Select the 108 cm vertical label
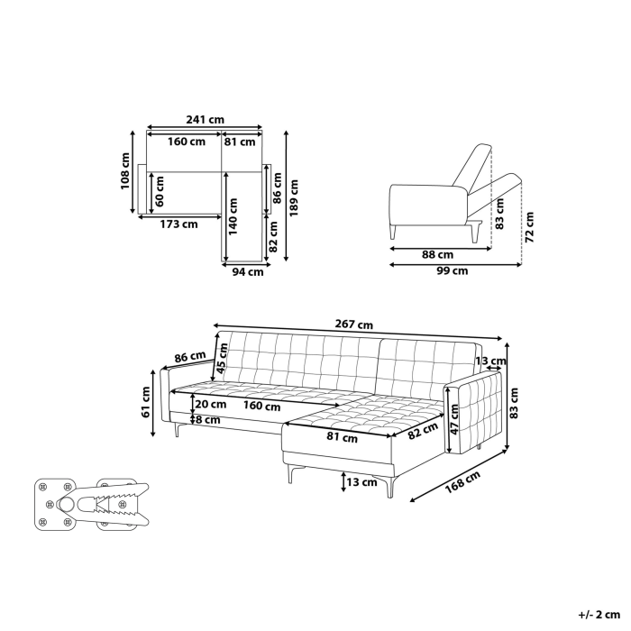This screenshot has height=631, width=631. [x=126, y=170]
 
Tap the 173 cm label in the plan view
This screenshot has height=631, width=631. [x=178, y=224]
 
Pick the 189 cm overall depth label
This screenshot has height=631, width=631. [x=294, y=197]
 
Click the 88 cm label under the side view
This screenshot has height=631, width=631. [x=437, y=254]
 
